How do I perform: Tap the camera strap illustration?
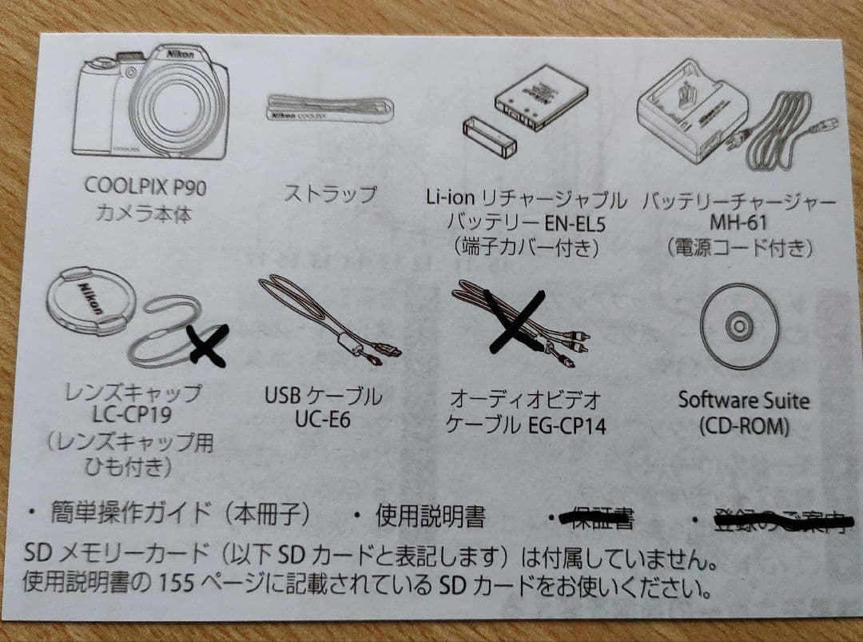click(x=328, y=110)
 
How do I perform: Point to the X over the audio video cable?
click(x=515, y=320)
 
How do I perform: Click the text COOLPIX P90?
click(x=145, y=187)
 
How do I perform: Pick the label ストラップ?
click(x=329, y=193)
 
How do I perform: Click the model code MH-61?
click(x=738, y=223)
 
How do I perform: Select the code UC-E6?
click(x=322, y=419)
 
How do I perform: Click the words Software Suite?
click(x=743, y=400)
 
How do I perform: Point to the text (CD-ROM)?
click(x=743, y=426)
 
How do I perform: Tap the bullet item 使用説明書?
click(x=430, y=517)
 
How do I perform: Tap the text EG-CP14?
click(x=567, y=424)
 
